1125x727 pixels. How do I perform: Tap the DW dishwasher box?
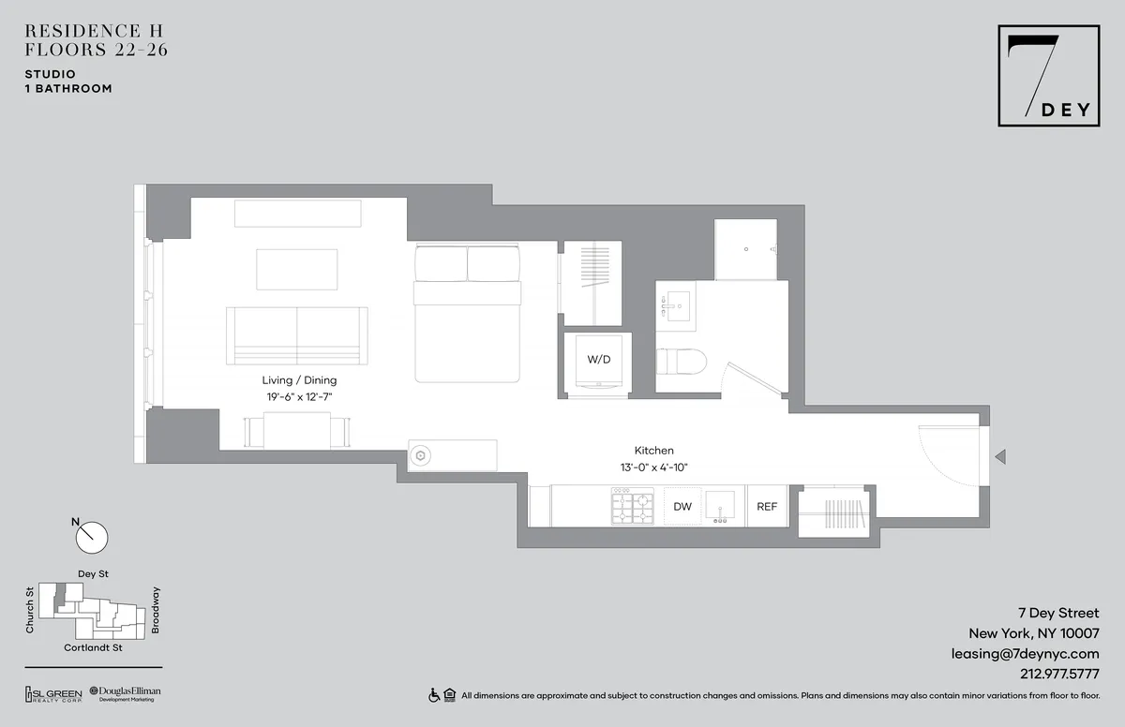(x=682, y=507)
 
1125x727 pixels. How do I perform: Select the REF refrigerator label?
(x=767, y=507)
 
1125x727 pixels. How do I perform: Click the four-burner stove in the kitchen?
(x=634, y=507)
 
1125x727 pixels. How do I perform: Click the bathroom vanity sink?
(x=675, y=306)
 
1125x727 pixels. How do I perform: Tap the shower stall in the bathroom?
(x=745, y=250)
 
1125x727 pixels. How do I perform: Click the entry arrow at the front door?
(x=1000, y=457)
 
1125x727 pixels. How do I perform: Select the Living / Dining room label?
(x=299, y=380)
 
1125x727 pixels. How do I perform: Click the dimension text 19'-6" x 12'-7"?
(x=299, y=397)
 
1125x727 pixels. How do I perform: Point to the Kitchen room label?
(x=653, y=451)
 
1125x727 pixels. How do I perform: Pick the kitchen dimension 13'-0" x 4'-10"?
(x=653, y=467)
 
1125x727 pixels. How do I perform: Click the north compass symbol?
(x=92, y=537)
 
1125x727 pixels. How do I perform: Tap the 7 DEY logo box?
(x=1048, y=77)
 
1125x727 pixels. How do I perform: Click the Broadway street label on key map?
(x=156, y=610)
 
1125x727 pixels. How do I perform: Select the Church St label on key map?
(x=30, y=610)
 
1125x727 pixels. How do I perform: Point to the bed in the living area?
(x=467, y=314)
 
